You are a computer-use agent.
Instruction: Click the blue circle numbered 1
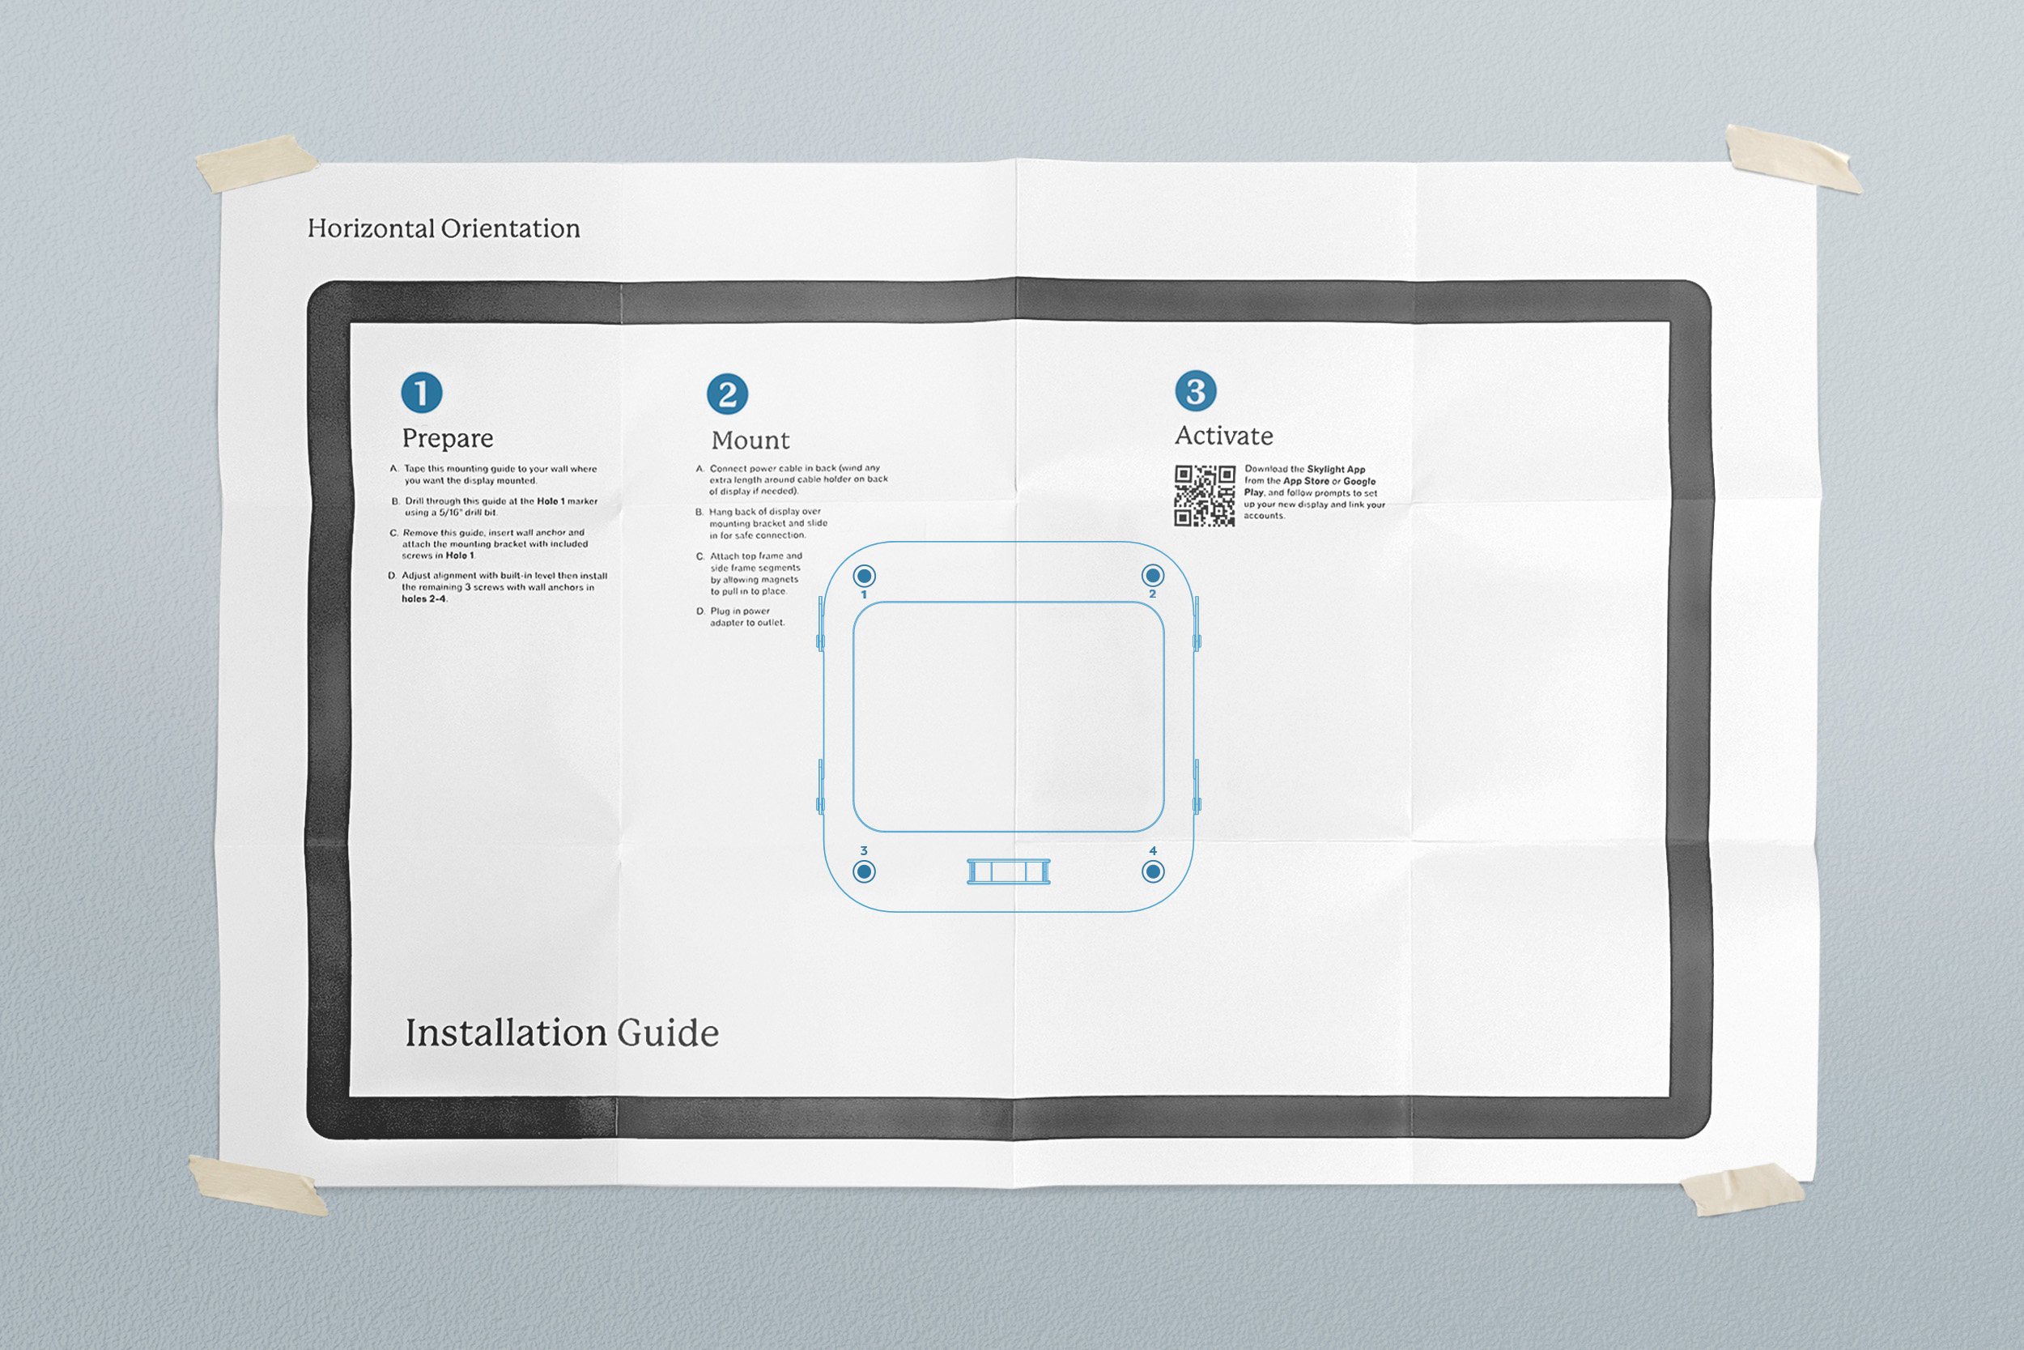coord(422,393)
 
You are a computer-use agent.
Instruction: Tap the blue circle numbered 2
coord(727,394)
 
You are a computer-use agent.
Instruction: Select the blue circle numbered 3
coord(1195,391)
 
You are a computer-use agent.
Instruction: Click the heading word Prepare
coord(448,438)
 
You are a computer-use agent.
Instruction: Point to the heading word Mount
coord(750,440)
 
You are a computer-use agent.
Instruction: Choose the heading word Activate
coord(1223,436)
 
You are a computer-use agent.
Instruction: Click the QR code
coord(1205,496)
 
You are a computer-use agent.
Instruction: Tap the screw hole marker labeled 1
coord(864,575)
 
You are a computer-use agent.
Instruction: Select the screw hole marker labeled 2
coord(1152,575)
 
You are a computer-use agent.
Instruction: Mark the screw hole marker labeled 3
coord(864,871)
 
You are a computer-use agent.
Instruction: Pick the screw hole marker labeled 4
coord(1153,871)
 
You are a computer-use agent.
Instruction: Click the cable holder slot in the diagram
coord(1009,871)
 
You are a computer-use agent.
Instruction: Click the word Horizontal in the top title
coord(371,228)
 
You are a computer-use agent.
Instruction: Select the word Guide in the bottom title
coord(668,1033)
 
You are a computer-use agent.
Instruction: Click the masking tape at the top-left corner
coord(256,163)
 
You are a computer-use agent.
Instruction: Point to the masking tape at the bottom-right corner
coord(1741,1189)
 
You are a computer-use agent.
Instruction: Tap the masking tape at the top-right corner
coord(1792,160)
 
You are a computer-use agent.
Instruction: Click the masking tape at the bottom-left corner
coord(257,1186)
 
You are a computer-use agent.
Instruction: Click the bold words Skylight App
coord(1336,469)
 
